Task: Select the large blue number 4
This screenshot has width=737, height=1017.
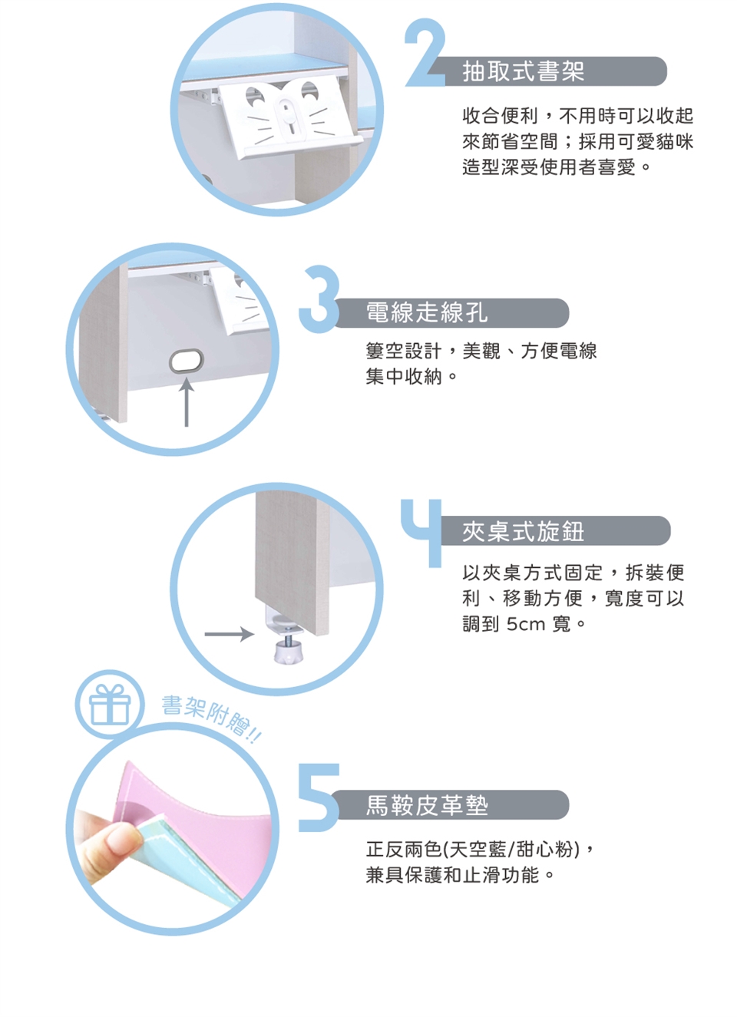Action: pyautogui.click(x=422, y=533)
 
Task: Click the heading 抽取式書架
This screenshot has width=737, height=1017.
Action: pyautogui.click(x=524, y=71)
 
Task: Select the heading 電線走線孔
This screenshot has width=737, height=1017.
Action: pyautogui.click(x=427, y=313)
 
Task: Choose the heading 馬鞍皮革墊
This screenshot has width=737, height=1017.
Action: pyautogui.click(x=427, y=805)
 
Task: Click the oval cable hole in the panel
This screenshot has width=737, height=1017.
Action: pyautogui.click(x=187, y=362)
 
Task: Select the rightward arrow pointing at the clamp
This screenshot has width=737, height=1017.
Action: pyautogui.click(x=230, y=634)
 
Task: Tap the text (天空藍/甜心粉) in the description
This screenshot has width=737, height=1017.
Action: pyautogui.click(x=511, y=850)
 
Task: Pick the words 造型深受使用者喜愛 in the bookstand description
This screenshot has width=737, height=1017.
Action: pyautogui.click(x=549, y=167)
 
